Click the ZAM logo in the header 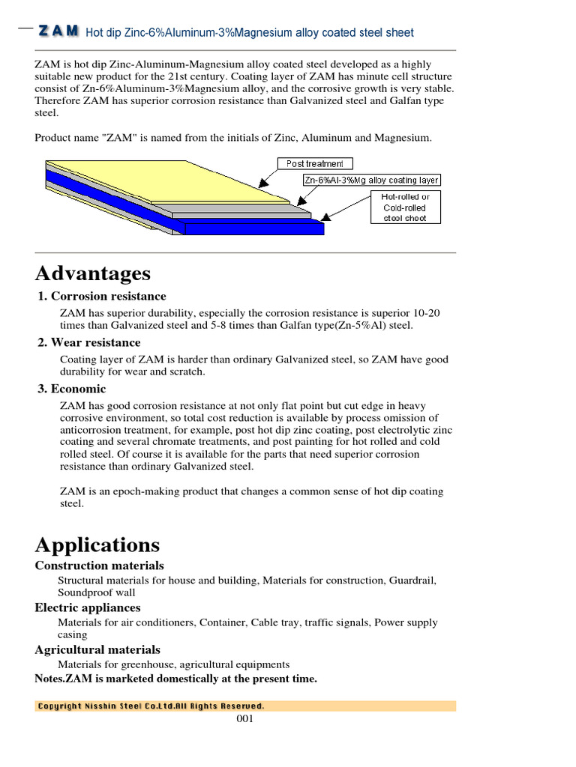pyautogui.click(x=59, y=31)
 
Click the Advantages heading pyautogui.click(x=92, y=273)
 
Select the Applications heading pyautogui.click(x=97, y=545)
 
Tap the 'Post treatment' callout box pyautogui.click(x=315, y=163)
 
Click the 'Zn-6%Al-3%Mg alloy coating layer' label pyautogui.click(x=371, y=181)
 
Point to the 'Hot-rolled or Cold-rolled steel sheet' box pyautogui.click(x=406, y=207)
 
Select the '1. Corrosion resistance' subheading pyautogui.click(x=102, y=297)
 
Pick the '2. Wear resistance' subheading pyautogui.click(x=88, y=343)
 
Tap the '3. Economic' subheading pyautogui.click(x=72, y=389)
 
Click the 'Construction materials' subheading pyautogui.click(x=99, y=566)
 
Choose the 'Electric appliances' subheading pyautogui.click(x=88, y=607)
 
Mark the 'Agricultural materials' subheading pyautogui.click(x=97, y=649)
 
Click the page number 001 pyautogui.click(x=245, y=719)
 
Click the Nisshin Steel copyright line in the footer pyautogui.click(x=151, y=706)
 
